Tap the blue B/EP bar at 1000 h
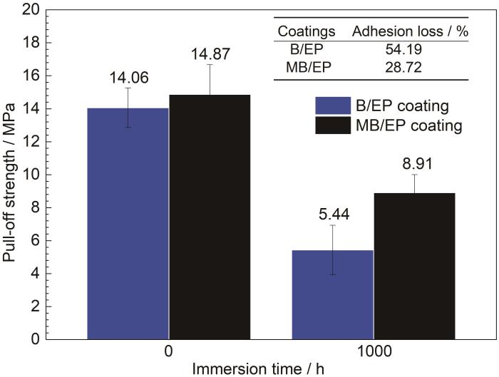(x=334, y=294)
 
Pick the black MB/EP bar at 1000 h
(x=415, y=266)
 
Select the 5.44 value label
(x=334, y=212)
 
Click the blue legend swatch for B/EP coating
(x=333, y=106)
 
